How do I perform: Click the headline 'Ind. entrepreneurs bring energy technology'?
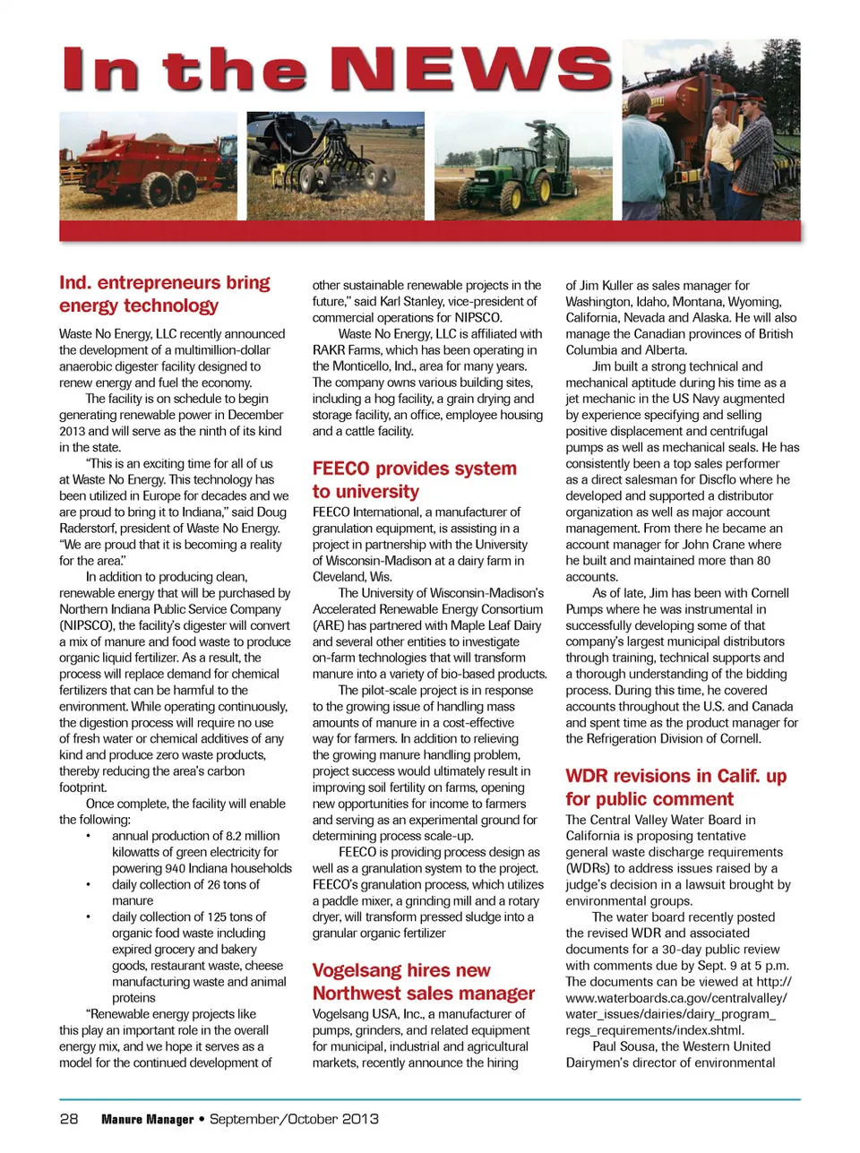click(x=165, y=294)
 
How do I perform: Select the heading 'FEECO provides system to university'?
click(x=414, y=479)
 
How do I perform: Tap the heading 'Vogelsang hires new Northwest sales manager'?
click(x=423, y=981)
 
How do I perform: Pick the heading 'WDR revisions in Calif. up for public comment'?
click(x=675, y=787)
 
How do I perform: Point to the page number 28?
click(x=69, y=1118)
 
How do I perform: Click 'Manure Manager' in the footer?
click(x=148, y=1119)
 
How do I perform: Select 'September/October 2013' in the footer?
click(x=294, y=1119)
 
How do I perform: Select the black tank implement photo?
click(x=336, y=166)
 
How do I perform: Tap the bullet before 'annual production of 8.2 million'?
click(x=88, y=836)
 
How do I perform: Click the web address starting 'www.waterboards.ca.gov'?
click(x=676, y=997)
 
